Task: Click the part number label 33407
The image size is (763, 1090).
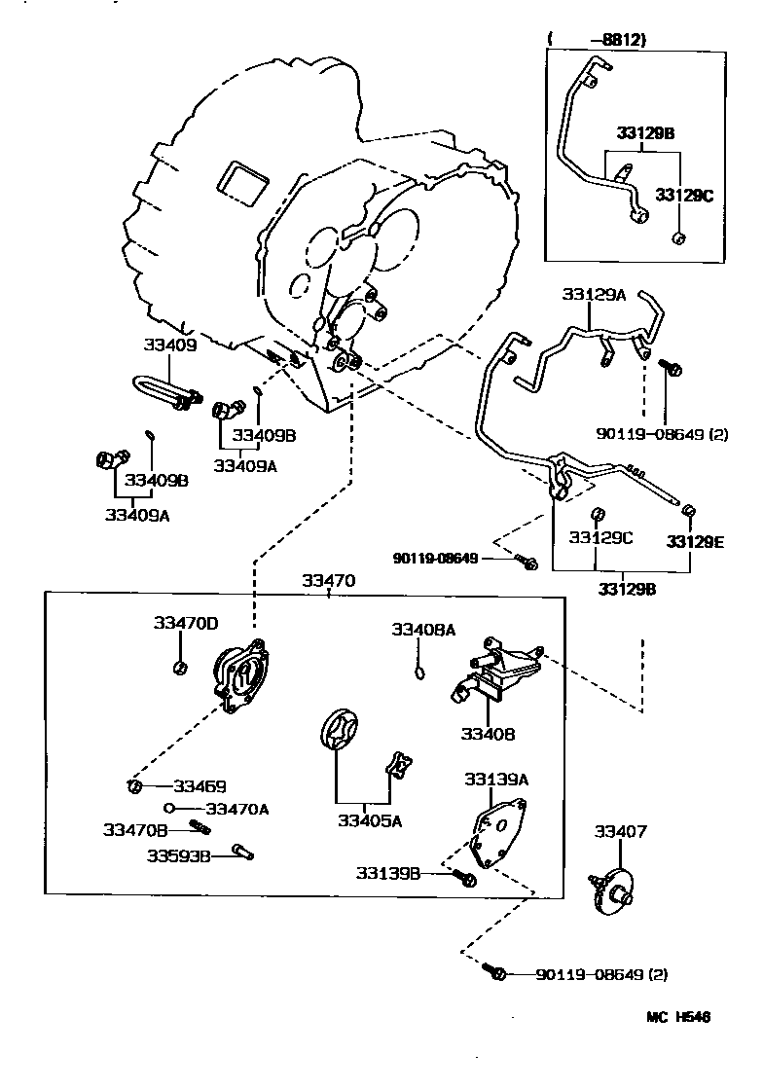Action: pyautogui.click(x=620, y=831)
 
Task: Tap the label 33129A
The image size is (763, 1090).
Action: pyautogui.click(x=594, y=294)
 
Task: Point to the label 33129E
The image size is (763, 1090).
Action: pyautogui.click(x=695, y=542)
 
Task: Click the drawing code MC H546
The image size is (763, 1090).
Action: pyautogui.click(x=678, y=1017)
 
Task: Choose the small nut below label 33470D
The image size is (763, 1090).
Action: pyautogui.click(x=179, y=667)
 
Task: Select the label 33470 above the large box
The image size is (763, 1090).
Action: pyautogui.click(x=328, y=581)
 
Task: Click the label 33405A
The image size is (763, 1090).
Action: pyautogui.click(x=370, y=820)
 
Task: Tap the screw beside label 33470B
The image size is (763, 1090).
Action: pyautogui.click(x=200, y=827)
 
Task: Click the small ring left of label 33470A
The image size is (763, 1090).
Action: pyautogui.click(x=169, y=808)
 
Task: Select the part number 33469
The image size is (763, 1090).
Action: pyautogui.click(x=200, y=785)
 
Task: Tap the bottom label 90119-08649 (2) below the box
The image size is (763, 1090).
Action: pyautogui.click(x=601, y=974)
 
